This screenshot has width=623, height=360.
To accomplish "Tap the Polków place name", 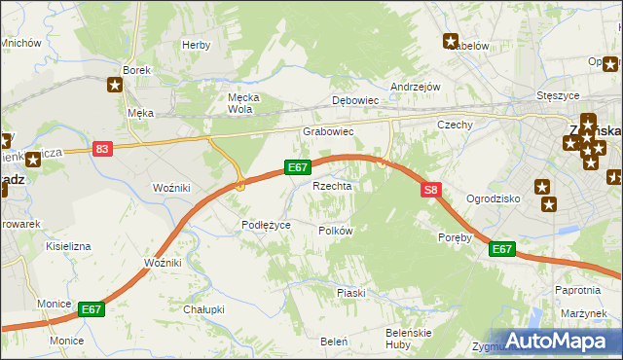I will pos(335,231).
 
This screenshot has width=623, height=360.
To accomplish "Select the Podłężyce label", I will pos(266,225).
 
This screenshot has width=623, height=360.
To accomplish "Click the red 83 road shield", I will pos(103,148).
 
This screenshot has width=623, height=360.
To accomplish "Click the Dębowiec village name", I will pos(354,100).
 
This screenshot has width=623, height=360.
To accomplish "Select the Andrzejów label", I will pos(416,87).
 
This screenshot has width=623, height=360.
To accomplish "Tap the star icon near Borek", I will pos(115,86).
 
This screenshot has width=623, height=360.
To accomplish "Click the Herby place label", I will pos(197,45).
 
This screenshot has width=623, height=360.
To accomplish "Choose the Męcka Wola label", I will pos(239,103).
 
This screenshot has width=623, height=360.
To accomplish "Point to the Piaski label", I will pos(350,292).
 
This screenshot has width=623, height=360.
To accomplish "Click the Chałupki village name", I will pos(203,309).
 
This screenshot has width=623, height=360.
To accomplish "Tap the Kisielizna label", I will pos(68,246).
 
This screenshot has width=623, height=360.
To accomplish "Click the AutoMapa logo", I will pos(557,341).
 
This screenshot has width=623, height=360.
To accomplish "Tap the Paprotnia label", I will pos(576,290).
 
